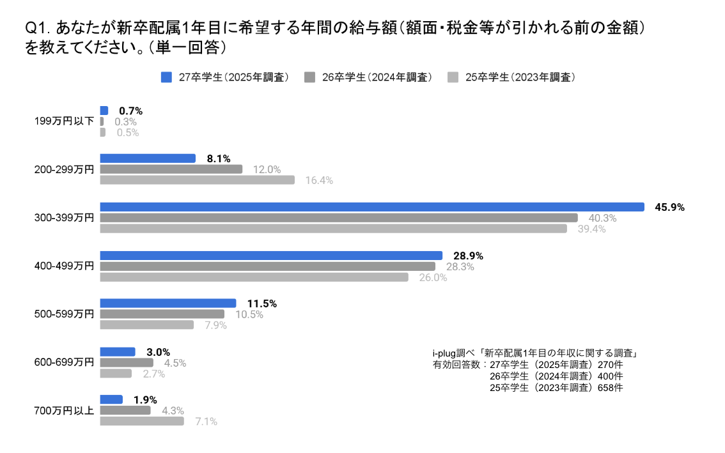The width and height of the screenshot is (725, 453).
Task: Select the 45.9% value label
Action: tap(669, 207)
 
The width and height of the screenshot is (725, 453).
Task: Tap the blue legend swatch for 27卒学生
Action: tap(167, 77)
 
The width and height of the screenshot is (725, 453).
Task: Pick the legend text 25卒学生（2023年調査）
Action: tap(520, 77)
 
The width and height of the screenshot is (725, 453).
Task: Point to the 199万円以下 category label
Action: tap(64, 121)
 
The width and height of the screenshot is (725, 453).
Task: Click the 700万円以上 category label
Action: tap(64, 410)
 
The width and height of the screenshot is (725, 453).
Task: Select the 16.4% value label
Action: tap(319, 180)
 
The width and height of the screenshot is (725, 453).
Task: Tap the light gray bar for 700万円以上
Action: tap(142, 421)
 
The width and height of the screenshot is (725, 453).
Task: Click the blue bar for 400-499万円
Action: tap(271, 255)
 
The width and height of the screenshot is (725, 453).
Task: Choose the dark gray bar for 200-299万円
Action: tap(171, 169)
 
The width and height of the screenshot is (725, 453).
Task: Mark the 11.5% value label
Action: tap(261, 303)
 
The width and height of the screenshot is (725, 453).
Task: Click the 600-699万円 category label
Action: tap(64, 362)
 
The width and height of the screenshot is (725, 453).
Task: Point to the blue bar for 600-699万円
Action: tap(118, 351)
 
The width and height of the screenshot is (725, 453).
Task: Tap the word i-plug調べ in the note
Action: tap(453, 353)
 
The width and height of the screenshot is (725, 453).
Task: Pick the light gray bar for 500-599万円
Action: tap(147, 325)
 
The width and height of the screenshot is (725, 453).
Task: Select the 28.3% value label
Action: tap(460, 266)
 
